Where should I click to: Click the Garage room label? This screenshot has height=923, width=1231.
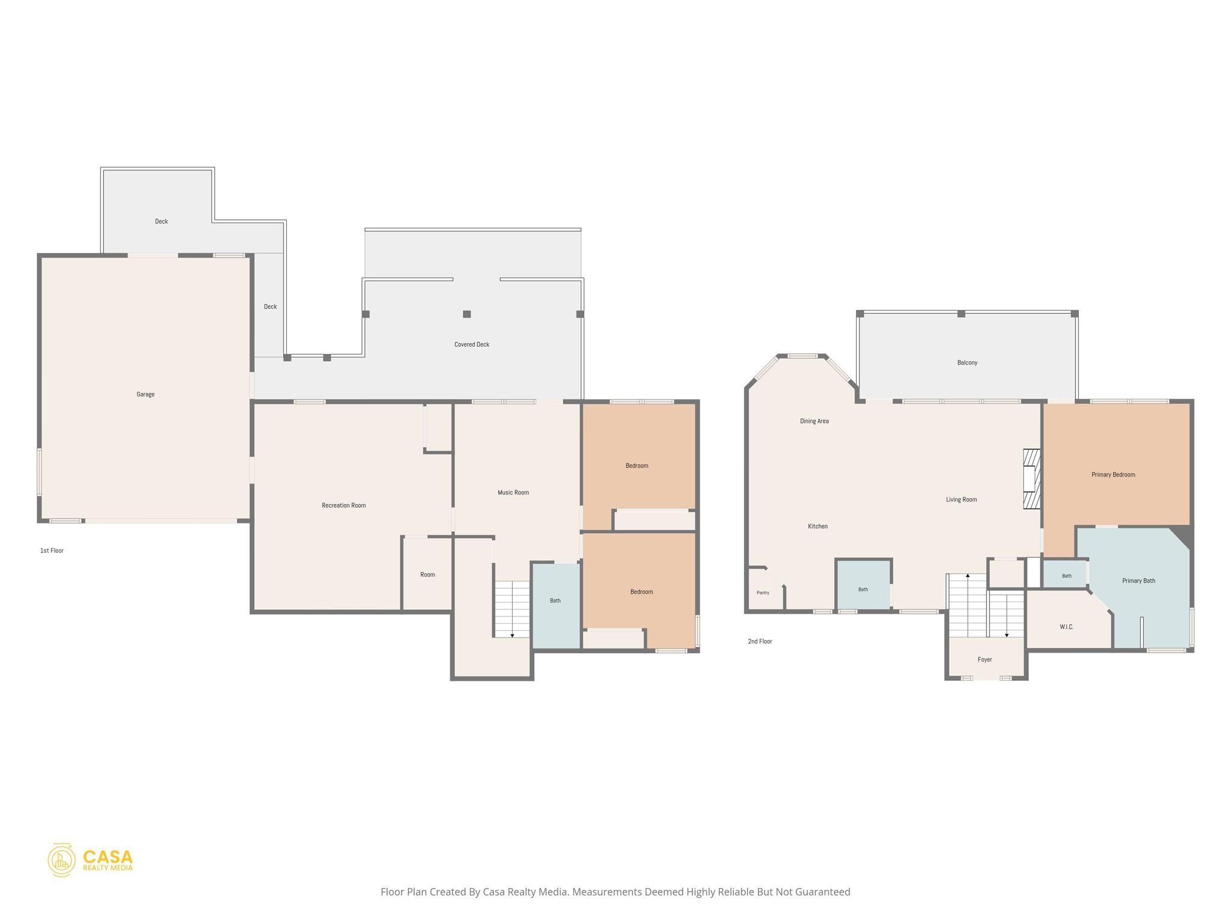(x=145, y=394)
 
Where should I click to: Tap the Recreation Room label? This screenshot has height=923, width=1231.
(x=344, y=505)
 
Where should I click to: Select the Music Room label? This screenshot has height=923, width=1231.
(x=513, y=493)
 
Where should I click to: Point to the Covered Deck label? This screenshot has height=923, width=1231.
(x=472, y=344)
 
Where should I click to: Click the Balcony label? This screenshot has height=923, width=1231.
(x=967, y=362)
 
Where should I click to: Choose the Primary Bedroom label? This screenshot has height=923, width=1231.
(x=1113, y=475)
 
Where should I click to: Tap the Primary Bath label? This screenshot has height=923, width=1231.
(x=1138, y=580)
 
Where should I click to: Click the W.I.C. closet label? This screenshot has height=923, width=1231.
(x=1066, y=627)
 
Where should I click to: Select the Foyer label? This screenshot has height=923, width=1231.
(x=985, y=659)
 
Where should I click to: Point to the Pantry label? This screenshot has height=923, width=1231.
(x=763, y=592)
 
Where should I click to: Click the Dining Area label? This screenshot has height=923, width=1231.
(x=814, y=421)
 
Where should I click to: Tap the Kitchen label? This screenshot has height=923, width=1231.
(x=817, y=526)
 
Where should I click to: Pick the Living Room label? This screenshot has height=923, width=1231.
(x=961, y=499)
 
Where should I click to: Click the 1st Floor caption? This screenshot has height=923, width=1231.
(x=52, y=550)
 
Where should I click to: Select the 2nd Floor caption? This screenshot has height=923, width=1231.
(x=760, y=641)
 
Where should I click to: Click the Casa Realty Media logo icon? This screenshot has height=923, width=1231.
(x=61, y=860)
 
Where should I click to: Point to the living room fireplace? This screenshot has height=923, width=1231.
(x=1032, y=479)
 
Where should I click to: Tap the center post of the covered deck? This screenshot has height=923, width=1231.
(x=466, y=314)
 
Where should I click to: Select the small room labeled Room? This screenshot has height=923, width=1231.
(x=427, y=573)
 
